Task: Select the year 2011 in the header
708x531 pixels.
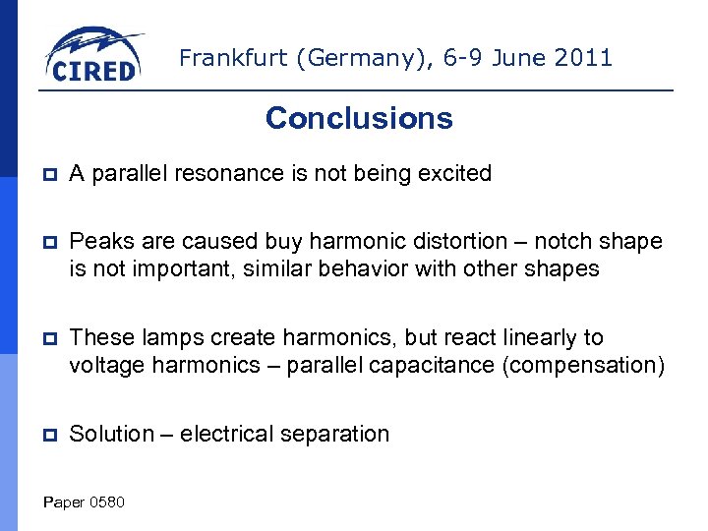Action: (583, 58)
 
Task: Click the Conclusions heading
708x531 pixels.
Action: (359, 118)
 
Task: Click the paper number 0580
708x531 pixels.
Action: (106, 502)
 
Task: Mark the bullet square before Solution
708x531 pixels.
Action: (49, 435)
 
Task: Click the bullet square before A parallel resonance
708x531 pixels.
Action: (49, 175)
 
